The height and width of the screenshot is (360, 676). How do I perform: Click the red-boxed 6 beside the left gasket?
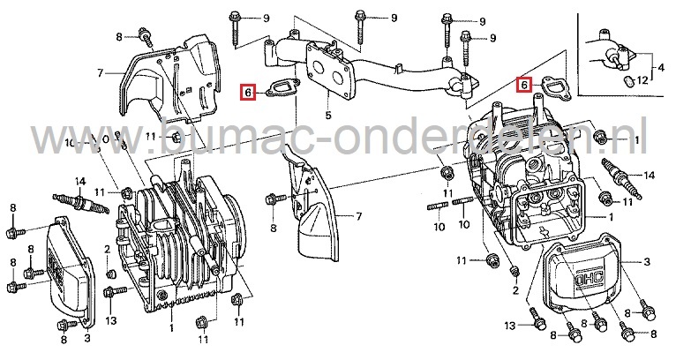250,91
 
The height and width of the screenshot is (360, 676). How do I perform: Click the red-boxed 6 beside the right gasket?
524,85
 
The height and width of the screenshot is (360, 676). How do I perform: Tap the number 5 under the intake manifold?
328,114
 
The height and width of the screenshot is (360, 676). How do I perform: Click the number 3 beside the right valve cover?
647,261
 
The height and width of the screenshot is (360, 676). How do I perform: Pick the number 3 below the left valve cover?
86,336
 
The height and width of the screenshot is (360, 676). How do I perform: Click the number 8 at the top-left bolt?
119,36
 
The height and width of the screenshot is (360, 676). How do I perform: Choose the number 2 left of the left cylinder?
108,250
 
